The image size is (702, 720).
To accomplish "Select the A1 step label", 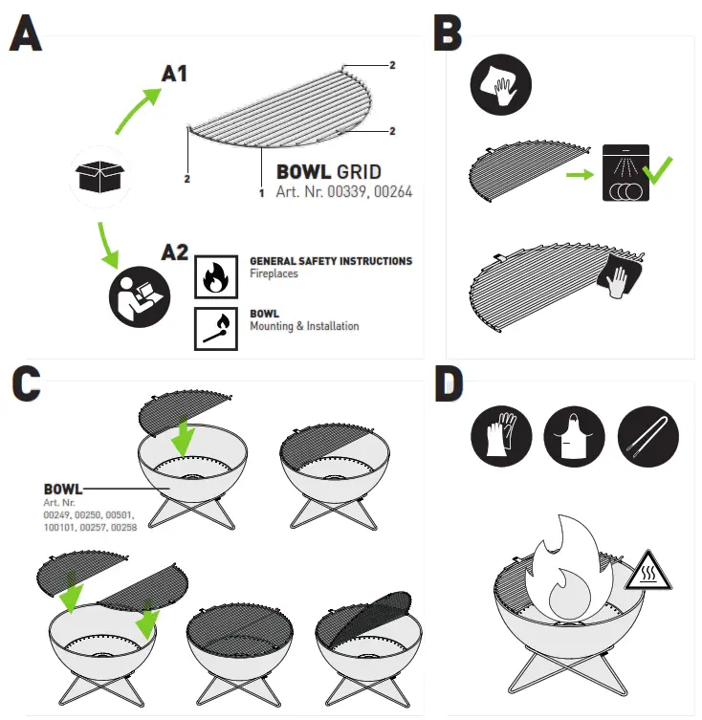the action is pos(175,74).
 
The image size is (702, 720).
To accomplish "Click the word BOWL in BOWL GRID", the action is pos(303,172).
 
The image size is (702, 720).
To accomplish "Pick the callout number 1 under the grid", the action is pos(261,193).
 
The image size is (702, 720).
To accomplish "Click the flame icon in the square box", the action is pos(216,277).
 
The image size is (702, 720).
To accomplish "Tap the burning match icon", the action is pos(216,329).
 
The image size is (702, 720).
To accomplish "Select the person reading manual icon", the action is pos(140,296).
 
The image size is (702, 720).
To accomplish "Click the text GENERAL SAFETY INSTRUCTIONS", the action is pos(331,261).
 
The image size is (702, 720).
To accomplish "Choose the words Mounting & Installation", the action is pos(304,326).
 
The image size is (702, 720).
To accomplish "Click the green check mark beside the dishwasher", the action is pos(657,170).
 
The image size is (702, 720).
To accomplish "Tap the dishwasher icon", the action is pos(625,173).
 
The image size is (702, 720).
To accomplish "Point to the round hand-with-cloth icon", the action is pos(501,84).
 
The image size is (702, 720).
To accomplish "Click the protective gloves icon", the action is pos(501,436).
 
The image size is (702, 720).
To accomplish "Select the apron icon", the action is pos(574,436).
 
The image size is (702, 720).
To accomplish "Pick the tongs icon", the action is pos(648,436).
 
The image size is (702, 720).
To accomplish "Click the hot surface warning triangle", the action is pos(648,570).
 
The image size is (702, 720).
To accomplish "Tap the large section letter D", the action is pos(449,383).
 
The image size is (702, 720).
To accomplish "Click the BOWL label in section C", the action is pos(63,489).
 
